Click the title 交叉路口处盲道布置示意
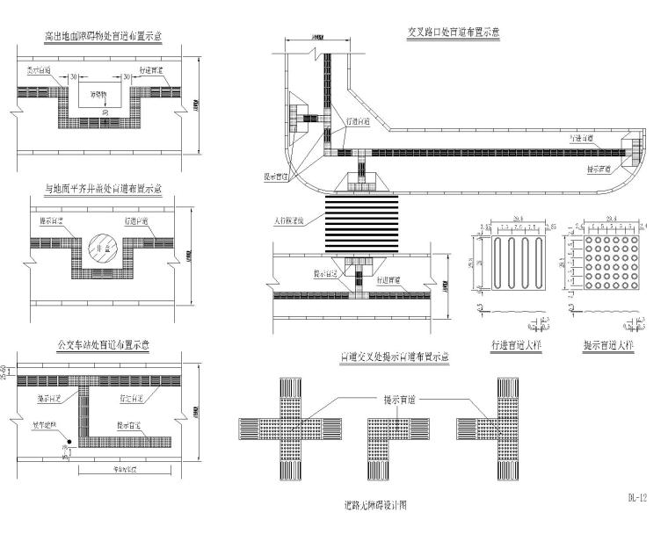click(x=453, y=32)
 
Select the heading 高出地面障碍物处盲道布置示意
click(x=107, y=37)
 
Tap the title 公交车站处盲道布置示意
click(x=107, y=345)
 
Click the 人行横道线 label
click(x=294, y=221)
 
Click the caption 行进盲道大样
click(x=517, y=346)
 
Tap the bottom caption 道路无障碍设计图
click(x=376, y=506)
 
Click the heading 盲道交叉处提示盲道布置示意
click(x=396, y=357)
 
